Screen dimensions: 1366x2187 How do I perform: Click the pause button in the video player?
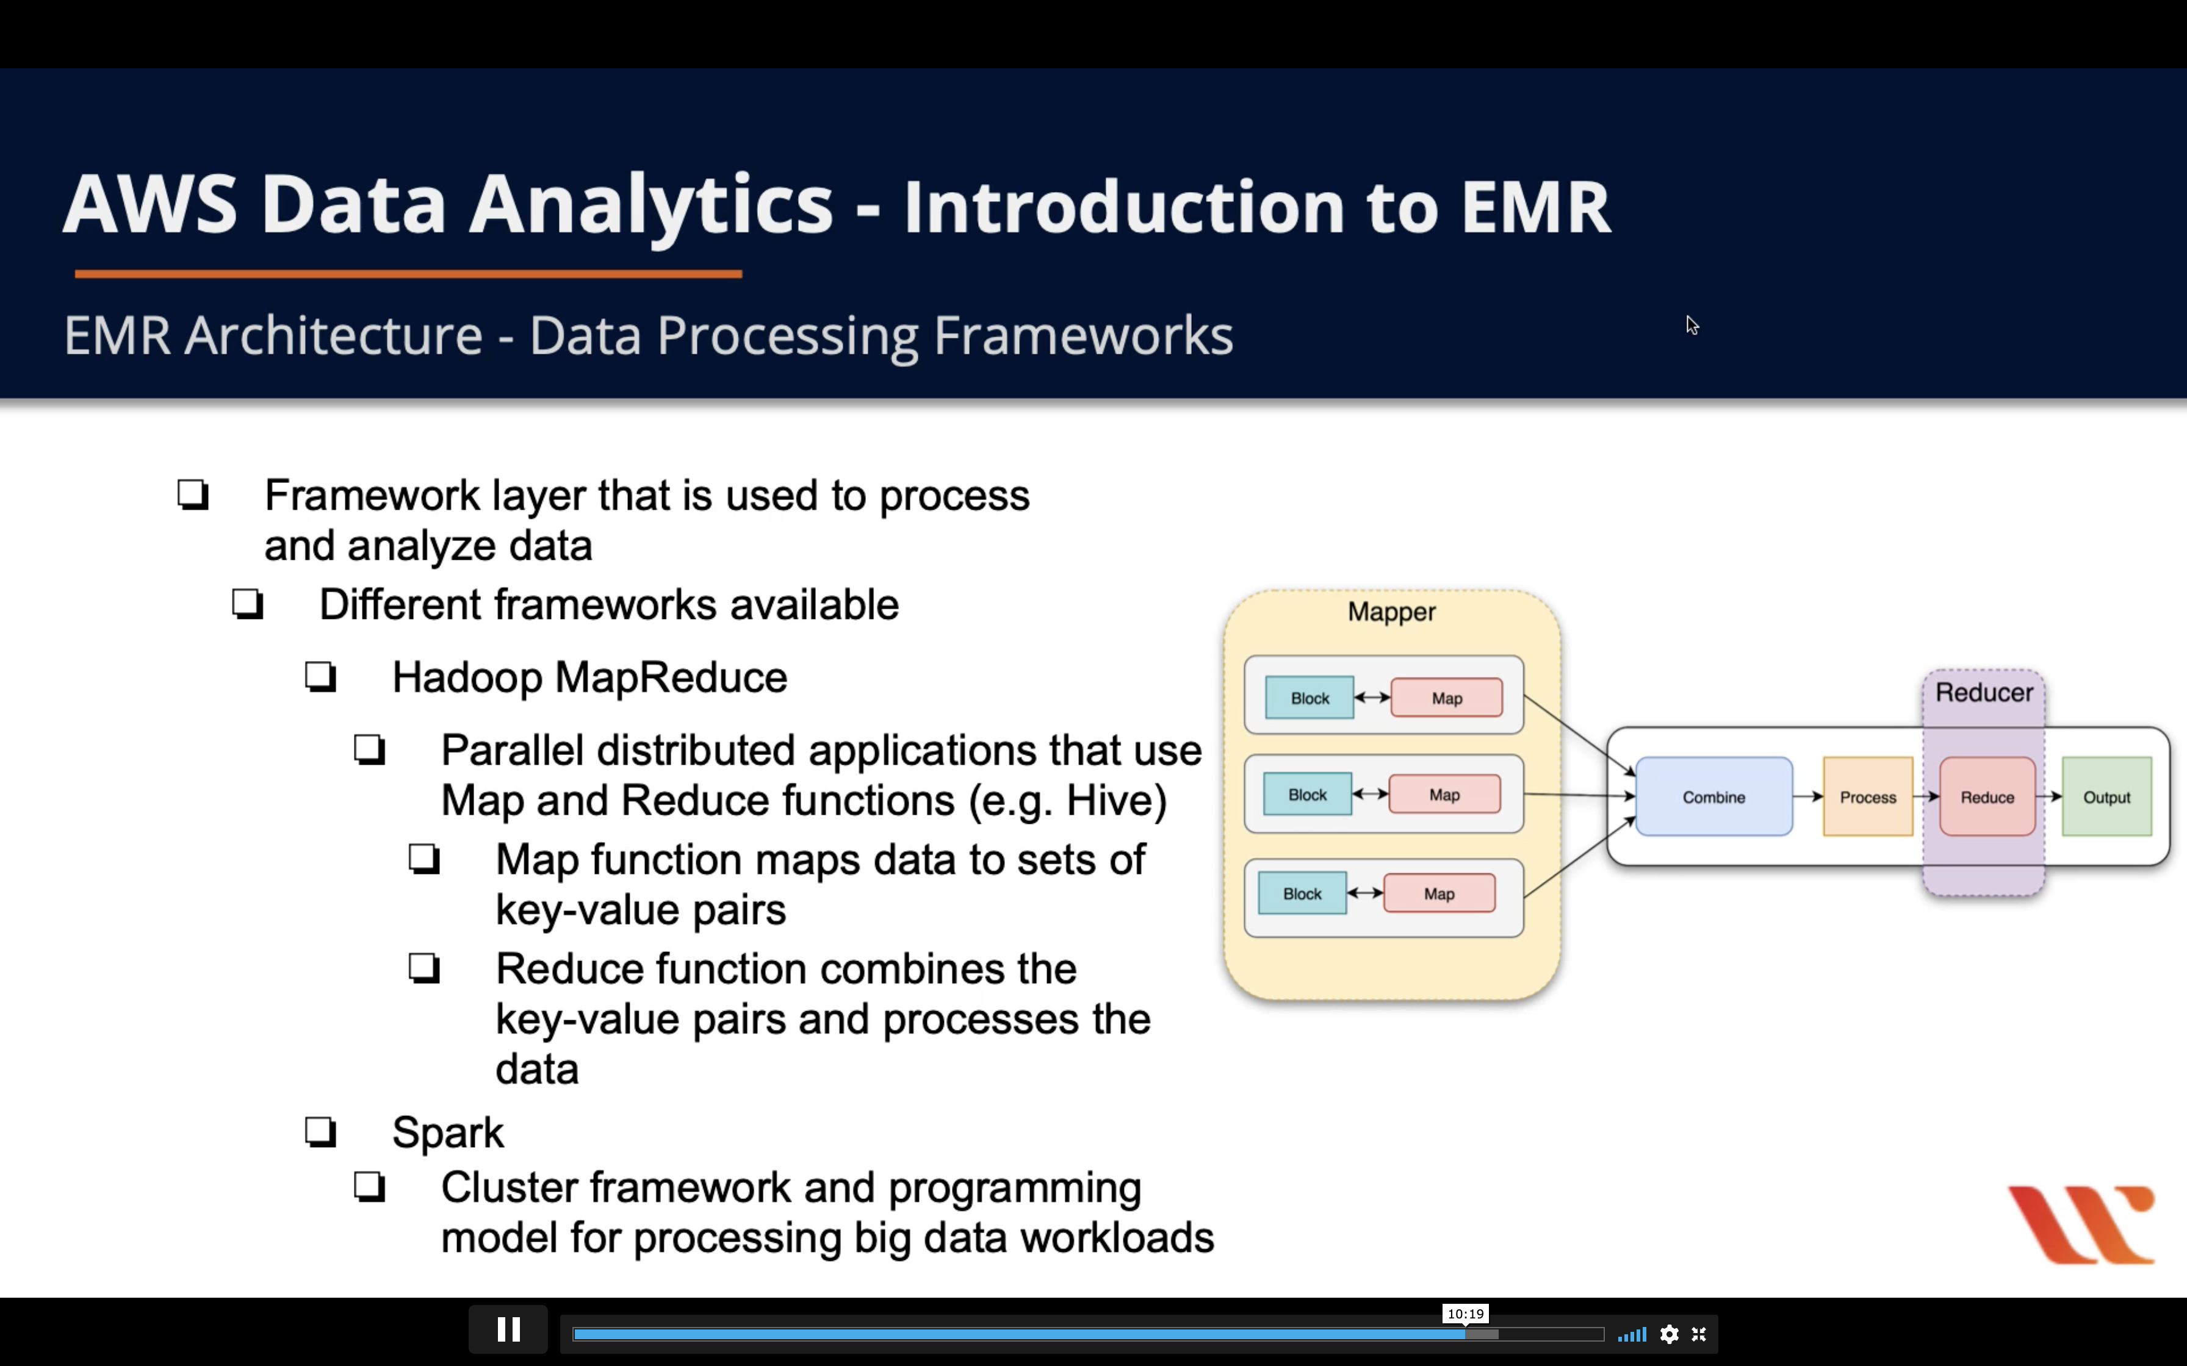508,1330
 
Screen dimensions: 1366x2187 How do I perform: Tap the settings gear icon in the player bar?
1669,1334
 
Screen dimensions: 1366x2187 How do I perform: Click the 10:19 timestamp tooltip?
1465,1314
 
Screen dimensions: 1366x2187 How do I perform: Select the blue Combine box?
1713,797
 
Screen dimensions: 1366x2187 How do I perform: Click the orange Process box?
1867,797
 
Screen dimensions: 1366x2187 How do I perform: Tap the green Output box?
2106,797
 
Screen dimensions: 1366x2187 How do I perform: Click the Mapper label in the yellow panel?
1391,612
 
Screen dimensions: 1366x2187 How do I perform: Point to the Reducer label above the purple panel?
1984,693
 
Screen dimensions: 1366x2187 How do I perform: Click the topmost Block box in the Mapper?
1310,698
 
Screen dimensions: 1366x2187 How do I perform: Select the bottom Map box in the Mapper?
1439,893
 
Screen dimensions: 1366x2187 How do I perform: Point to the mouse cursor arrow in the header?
1692,325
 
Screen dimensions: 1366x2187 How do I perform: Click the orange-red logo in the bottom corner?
2081,1223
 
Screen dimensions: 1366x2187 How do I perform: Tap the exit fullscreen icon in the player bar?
1699,1334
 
